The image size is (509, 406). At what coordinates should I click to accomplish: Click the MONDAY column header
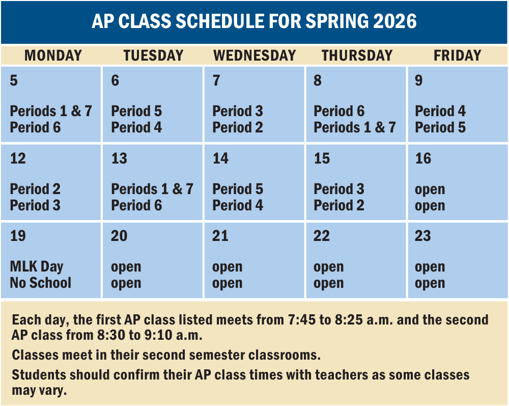pyautogui.click(x=53, y=56)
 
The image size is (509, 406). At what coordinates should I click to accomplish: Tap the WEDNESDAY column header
pyautogui.click(x=255, y=56)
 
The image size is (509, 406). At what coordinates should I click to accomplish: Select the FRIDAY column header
pyautogui.click(x=458, y=56)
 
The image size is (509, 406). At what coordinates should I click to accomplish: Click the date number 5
pyautogui.click(x=14, y=80)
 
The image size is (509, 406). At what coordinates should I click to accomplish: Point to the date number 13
pyautogui.click(x=119, y=158)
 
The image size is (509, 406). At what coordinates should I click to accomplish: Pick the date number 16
pyautogui.click(x=423, y=158)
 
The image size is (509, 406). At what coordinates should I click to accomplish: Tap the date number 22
pyautogui.click(x=322, y=236)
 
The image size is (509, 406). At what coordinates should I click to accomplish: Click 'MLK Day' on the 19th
pyautogui.click(x=37, y=266)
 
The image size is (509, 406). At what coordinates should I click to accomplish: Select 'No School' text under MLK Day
pyautogui.click(x=41, y=283)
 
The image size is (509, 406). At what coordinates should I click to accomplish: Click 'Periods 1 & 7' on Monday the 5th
pyautogui.click(x=51, y=111)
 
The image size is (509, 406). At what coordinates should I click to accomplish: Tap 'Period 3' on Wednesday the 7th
pyautogui.click(x=238, y=111)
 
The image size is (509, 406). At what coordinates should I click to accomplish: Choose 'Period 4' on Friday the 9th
pyautogui.click(x=440, y=111)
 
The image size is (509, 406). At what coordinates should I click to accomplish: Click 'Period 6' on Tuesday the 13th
pyautogui.click(x=136, y=205)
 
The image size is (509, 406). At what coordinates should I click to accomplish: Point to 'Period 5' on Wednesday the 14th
pyautogui.click(x=238, y=189)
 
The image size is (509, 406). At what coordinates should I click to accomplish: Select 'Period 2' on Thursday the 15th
pyautogui.click(x=339, y=205)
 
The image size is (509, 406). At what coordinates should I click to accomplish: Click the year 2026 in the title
pyautogui.click(x=395, y=21)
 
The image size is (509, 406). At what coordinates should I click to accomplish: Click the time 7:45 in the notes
pyautogui.click(x=301, y=320)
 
